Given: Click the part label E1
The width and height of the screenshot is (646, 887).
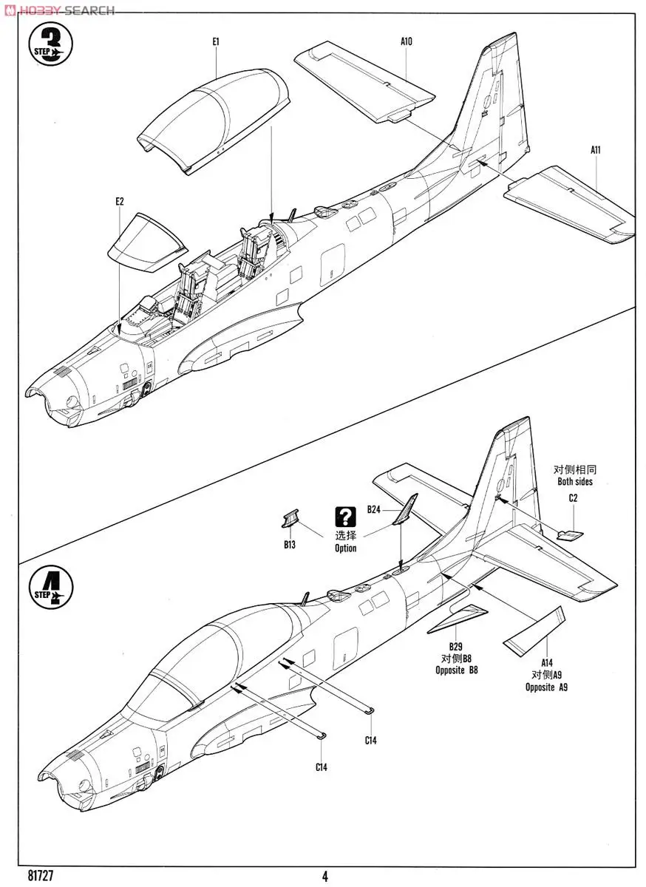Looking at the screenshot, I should tap(215, 42).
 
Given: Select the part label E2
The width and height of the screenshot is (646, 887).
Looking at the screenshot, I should tap(119, 200).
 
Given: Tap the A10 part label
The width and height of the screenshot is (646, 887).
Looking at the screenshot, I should tap(407, 41).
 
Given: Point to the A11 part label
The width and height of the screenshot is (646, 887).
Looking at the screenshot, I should tap(596, 149).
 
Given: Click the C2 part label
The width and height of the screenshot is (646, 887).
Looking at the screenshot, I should tap(573, 498).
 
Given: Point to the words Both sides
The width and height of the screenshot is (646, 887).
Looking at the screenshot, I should tap(574, 482).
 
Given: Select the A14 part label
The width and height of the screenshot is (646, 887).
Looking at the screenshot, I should tap(547, 663).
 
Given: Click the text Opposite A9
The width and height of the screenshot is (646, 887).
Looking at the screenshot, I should tap(546, 687).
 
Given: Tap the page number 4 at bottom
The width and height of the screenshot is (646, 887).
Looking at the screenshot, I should tap(324, 877).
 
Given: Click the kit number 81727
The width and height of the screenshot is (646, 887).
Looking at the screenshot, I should tap(25, 875).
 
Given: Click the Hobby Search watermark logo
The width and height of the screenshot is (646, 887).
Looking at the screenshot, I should tap(59, 10).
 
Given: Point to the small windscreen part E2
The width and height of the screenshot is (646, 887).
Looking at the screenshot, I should tap(146, 238).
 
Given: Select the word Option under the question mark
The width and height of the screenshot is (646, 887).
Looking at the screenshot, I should tap(345, 548).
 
